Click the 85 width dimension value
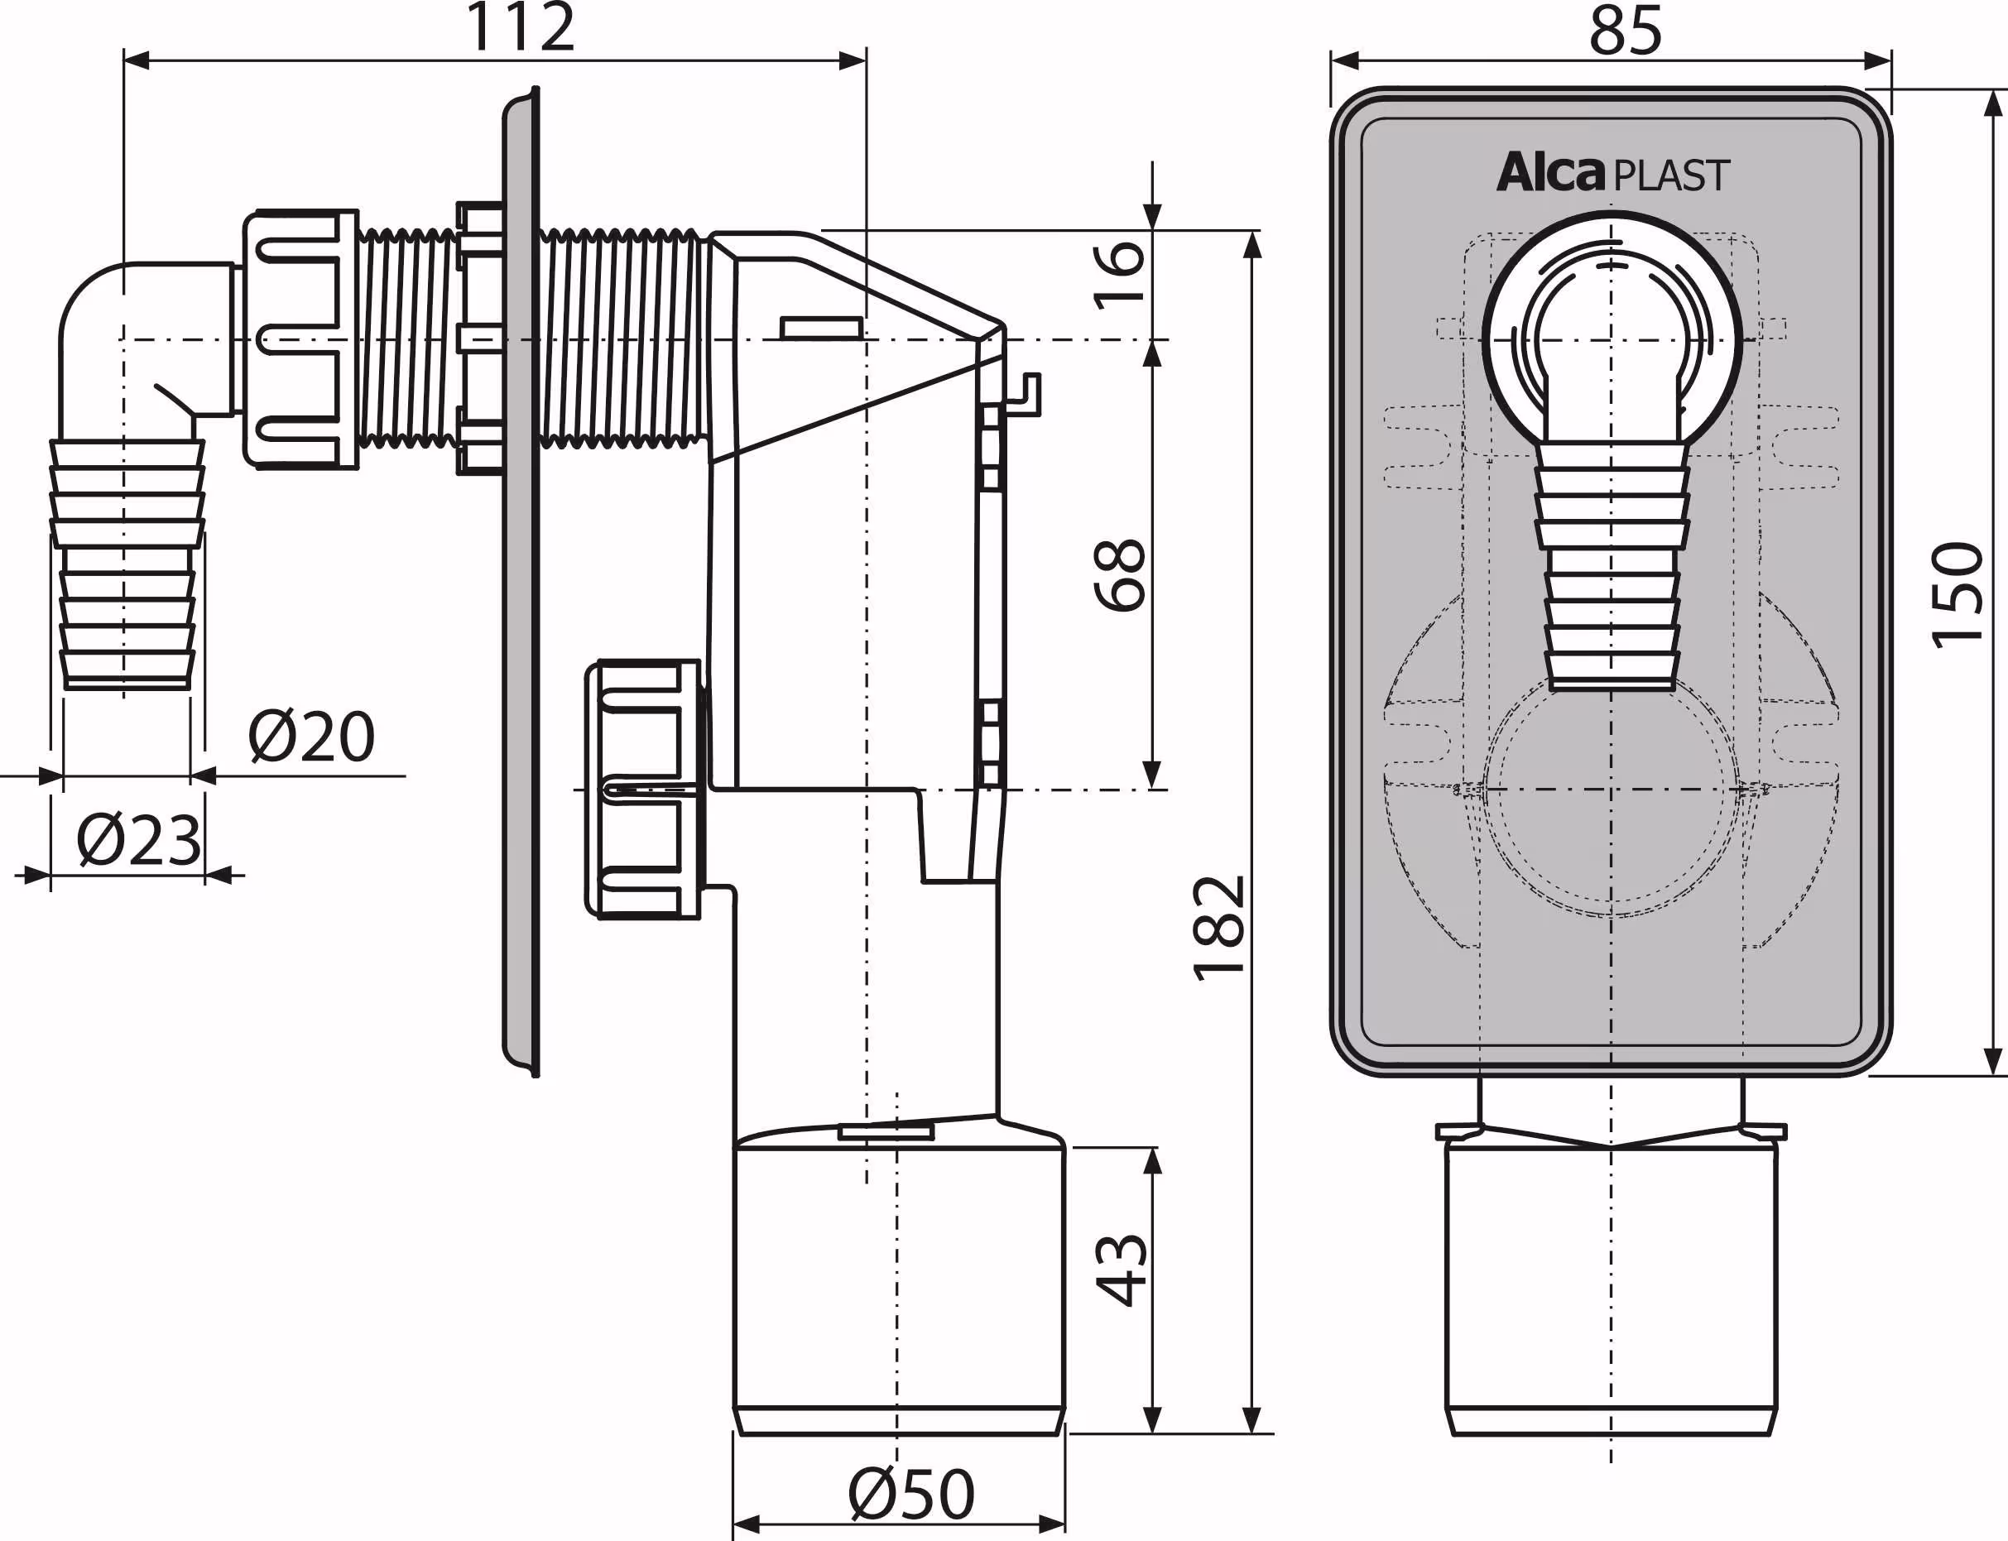coord(1625,31)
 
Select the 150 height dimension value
coord(1957,596)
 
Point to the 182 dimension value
coord(1219,928)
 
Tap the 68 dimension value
coord(1120,575)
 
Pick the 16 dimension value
coord(1120,273)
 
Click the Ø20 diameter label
coord(312,737)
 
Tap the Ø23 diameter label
coord(138,840)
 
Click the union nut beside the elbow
coord(301,339)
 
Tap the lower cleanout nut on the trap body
coord(642,789)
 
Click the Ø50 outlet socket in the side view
coord(899,1284)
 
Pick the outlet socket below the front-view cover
coord(1612,1284)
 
